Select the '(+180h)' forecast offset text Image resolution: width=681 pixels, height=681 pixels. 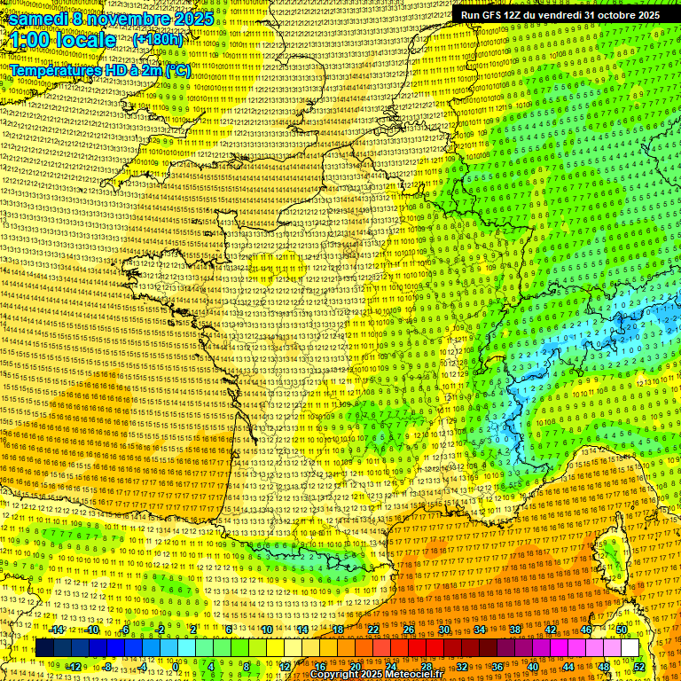158,39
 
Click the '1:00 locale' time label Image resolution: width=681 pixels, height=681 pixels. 63,40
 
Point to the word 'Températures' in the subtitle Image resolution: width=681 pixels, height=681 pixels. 54,69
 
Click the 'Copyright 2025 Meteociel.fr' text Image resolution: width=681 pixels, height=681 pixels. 376,674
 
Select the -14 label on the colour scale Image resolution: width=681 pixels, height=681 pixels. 58,630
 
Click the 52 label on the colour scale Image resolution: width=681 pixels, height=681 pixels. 639,667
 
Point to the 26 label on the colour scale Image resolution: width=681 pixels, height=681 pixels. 409,630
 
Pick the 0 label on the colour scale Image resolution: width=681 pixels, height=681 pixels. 176,667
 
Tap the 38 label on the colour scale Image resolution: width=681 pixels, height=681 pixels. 515,630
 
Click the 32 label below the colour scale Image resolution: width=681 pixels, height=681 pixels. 462,667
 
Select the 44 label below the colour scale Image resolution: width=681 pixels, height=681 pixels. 568,667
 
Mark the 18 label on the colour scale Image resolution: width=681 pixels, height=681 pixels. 338,630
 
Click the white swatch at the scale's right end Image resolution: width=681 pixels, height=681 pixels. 630,648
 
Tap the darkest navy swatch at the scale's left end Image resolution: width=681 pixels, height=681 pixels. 44,648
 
